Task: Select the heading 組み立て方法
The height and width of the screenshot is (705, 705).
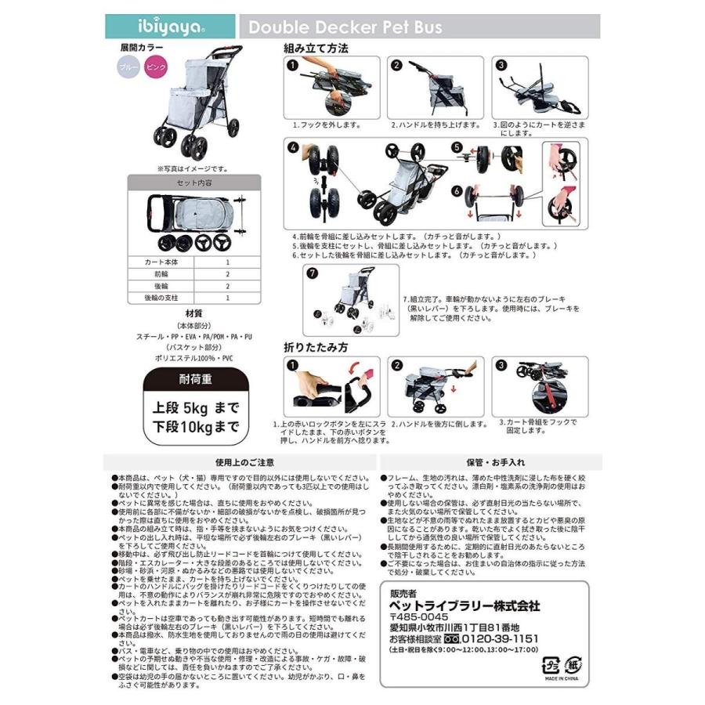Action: pos(316,49)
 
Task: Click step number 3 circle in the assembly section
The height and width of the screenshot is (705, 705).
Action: pos(501,66)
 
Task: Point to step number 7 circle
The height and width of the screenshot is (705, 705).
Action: pos(313,273)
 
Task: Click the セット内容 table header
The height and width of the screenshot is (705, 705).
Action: pos(183,182)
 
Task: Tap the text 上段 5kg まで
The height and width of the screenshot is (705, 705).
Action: pos(194,409)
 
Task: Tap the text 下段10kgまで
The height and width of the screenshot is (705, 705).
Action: pos(193,428)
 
